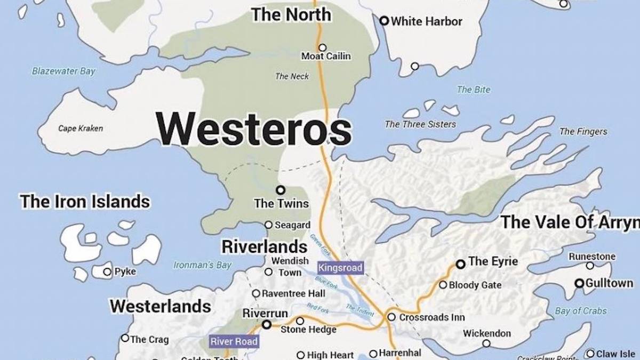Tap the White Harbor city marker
[x=383, y=21]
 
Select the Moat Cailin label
[x=326, y=56]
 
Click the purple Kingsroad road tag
[x=340, y=268]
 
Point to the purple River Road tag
[x=234, y=341]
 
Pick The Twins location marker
[x=280, y=190]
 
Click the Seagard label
[x=292, y=225]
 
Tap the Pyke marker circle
[x=107, y=272]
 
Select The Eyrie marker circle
[x=461, y=264]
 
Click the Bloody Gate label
[x=475, y=285]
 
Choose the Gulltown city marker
[x=579, y=283]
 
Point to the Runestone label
[x=592, y=257]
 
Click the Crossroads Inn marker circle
[x=391, y=317]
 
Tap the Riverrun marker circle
[x=267, y=324]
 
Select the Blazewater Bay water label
[x=63, y=71]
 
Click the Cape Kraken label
[x=81, y=128]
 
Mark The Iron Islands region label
[x=85, y=202]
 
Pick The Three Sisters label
[x=420, y=124]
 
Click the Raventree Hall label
[x=293, y=293]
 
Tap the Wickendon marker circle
[x=486, y=343]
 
